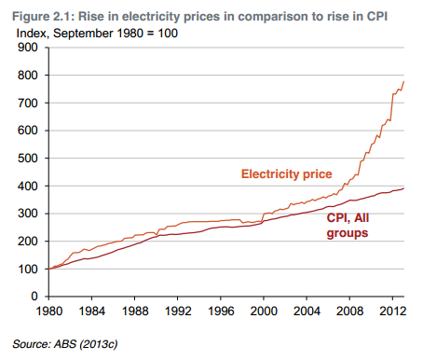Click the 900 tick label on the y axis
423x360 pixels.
pyautogui.click(x=27, y=48)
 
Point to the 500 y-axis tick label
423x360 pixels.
pyautogui.click(x=27, y=159)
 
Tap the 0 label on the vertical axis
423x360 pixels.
pyautogui.click(x=34, y=297)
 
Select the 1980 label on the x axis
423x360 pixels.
pyautogui.click(x=49, y=311)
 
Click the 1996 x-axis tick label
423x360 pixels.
pyautogui.click(x=221, y=311)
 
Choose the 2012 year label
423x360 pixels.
pyautogui.click(x=392, y=311)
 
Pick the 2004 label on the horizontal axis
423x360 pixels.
pyautogui.click(x=307, y=311)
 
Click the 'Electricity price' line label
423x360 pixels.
pyautogui.click(x=287, y=174)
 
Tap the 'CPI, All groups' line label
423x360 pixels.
pyautogui.click(x=348, y=226)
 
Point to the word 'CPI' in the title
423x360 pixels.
pyautogui.click(x=377, y=17)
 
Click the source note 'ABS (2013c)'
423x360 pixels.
pyautogui.click(x=86, y=344)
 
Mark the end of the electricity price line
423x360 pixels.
pyautogui.click(x=403, y=81)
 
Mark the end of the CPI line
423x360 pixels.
pyautogui.click(x=403, y=188)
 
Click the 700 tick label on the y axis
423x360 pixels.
pyautogui.click(x=27, y=103)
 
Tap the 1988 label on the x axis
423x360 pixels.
pyautogui.click(x=135, y=311)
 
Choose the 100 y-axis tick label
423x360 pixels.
pyautogui.click(x=27, y=269)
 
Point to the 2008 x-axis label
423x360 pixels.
pyautogui.click(x=349, y=311)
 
